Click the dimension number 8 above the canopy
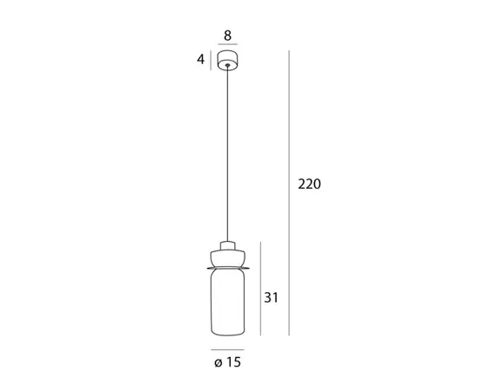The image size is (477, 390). point(227,36)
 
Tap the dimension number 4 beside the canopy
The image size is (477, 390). point(200,59)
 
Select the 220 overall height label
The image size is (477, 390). point(309,185)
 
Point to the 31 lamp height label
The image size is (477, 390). point(271,297)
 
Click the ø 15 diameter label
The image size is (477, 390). point(227,362)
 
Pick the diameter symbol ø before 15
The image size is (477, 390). point(218,362)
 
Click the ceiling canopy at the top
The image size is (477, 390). point(227,60)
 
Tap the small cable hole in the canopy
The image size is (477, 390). point(227,65)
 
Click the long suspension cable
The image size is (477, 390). point(227,153)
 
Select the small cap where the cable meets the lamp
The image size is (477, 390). point(227,245)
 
